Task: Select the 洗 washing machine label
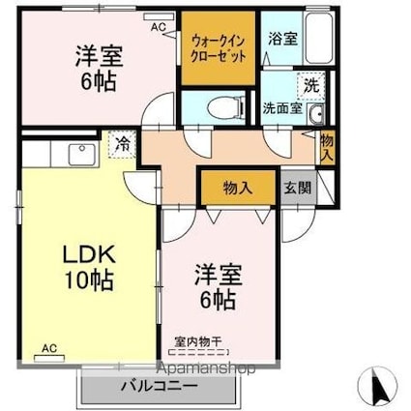click(309, 85)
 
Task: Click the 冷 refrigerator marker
click(123, 143)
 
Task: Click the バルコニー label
click(159, 386)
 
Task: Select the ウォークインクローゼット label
click(220, 47)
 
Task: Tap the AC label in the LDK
click(48, 346)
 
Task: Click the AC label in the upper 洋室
click(157, 27)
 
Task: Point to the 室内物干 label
click(197, 340)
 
